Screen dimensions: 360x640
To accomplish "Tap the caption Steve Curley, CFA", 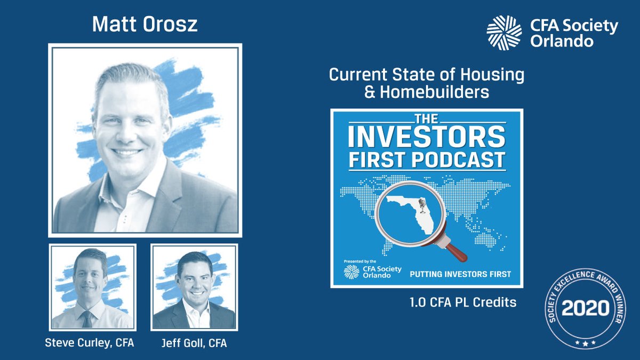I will pos(90,343).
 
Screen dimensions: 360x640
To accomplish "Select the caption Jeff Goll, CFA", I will pos(194,343).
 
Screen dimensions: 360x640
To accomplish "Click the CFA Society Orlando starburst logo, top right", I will pos(504,33).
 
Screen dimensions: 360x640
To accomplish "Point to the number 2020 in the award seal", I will pos(586,308).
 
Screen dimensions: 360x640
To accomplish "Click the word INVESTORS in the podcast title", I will pos(426,137).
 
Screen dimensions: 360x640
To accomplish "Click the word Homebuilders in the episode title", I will pos(434,92).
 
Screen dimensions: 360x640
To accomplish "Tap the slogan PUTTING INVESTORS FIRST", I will pos(460,274).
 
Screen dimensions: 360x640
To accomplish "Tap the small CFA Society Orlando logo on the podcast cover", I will pos(352,272).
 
